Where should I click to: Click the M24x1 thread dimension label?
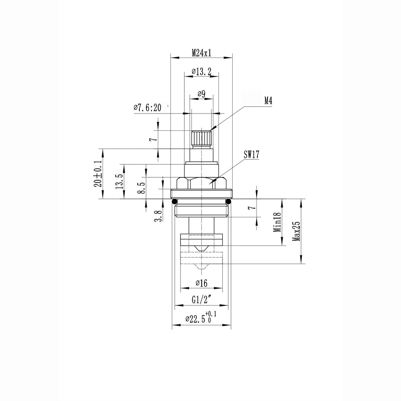(202, 53)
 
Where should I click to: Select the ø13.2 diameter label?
(202, 72)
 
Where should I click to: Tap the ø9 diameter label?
(202, 94)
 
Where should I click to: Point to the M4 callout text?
(268, 101)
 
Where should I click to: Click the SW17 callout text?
(251, 154)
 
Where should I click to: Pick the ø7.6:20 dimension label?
(148, 107)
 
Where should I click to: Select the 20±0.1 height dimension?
(98, 174)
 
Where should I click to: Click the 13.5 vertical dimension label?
(120, 181)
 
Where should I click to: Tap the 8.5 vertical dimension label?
(141, 188)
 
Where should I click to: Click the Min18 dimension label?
(277, 222)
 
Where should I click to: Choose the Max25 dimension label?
(296, 231)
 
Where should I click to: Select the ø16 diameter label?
(202, 283)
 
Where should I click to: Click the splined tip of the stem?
(202, 139)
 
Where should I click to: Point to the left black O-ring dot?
(174, 201)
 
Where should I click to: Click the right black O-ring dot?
(229, 201)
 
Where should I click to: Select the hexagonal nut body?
(202, 183)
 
